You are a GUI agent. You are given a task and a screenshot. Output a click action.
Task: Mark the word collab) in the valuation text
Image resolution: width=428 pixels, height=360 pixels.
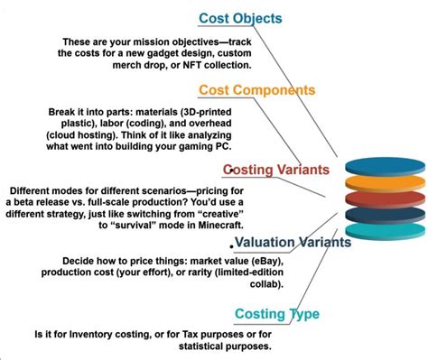tap(264, 285)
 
